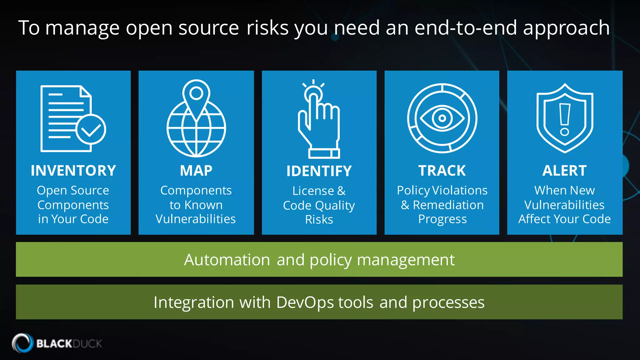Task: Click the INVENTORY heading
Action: click(73, 171)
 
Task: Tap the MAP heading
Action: click(196, 171)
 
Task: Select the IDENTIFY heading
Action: click(319, 171)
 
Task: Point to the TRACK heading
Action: click(442, 171)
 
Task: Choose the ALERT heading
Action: click(564, 171)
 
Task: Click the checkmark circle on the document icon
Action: click(91, 129)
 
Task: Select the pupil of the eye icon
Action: click(442, 118)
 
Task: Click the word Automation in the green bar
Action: click(227, 260)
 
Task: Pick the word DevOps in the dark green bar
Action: click(305, 302)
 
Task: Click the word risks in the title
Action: click(267, 27)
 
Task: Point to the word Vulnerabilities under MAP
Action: click(196, 219)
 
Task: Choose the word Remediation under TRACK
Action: click(448, 205)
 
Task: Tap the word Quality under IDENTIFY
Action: click(335, 206)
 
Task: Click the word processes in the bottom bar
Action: click(448, 302)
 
